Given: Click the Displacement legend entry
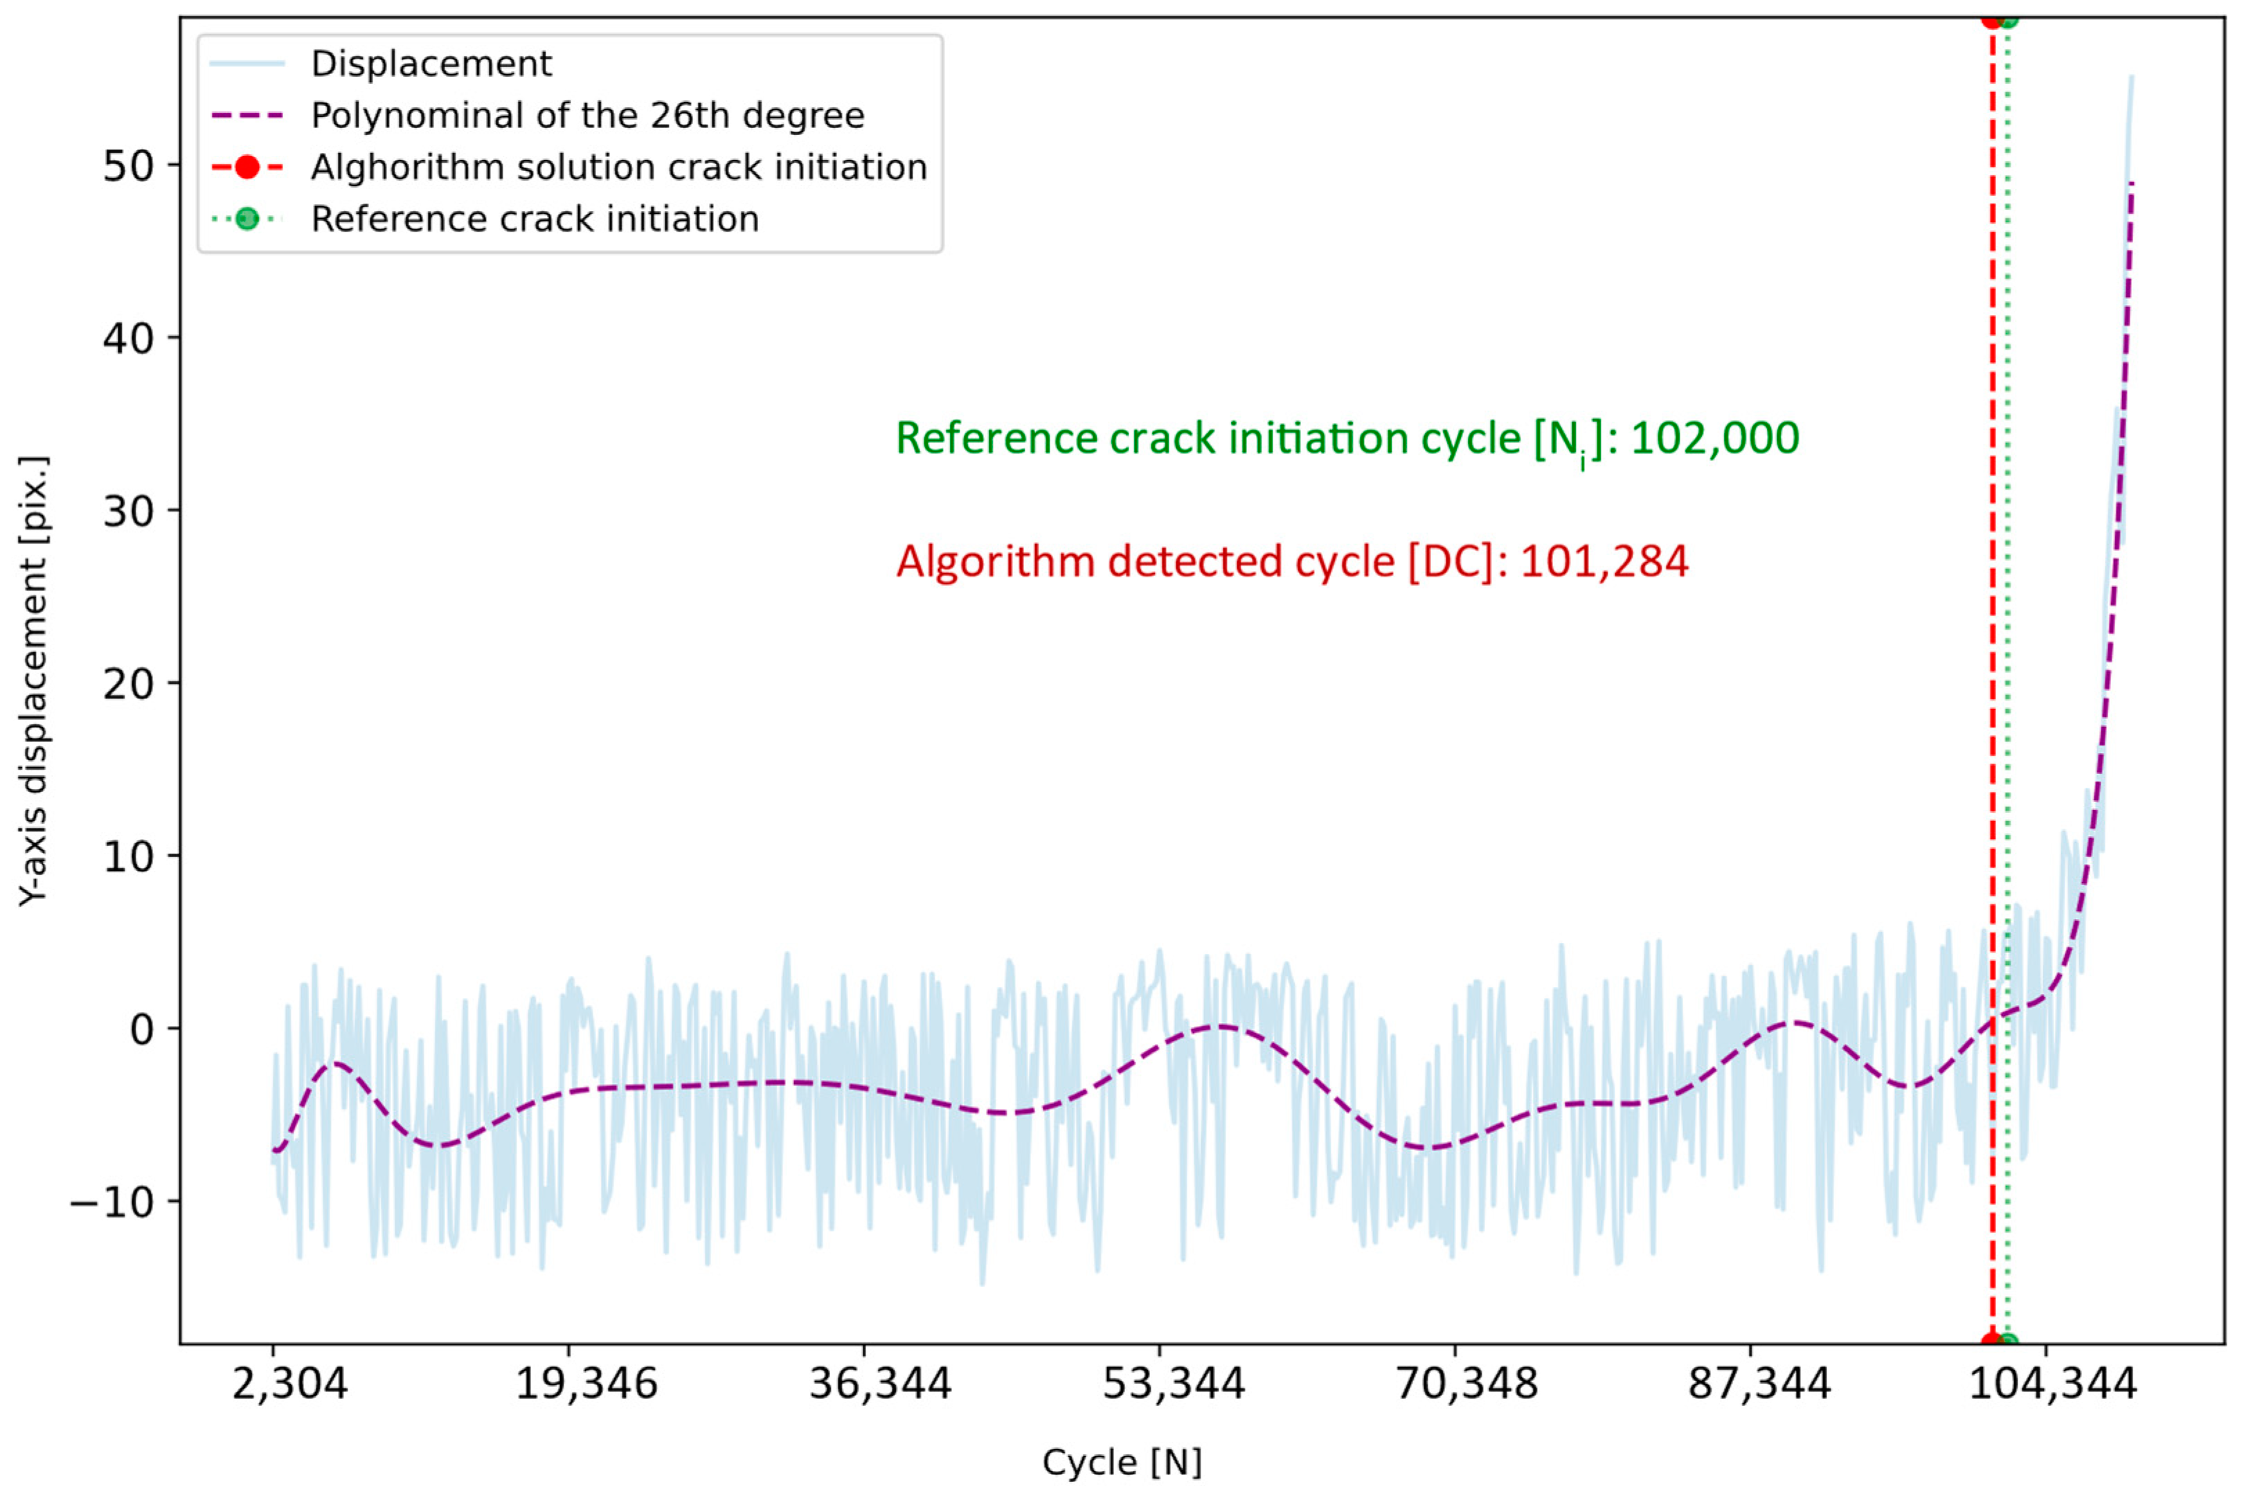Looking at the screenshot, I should click(x=431, y=64).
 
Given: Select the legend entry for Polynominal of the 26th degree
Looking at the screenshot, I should click(x=587, y=116).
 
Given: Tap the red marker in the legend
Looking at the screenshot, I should click(x=247, y=168).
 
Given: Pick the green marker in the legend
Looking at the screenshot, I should click(x=247, y=219).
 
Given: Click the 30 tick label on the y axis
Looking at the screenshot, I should click(x=128, y=512).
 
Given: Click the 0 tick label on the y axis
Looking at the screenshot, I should click(x=141, y=1029).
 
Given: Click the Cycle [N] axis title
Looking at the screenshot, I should click(x=1122, y=1462).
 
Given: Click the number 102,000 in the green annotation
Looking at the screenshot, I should click(x=1714, y=438).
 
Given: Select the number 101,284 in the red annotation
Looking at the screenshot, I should click(x=1604, y=562).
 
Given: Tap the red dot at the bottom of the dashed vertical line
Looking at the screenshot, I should click(x=1992, y=1343).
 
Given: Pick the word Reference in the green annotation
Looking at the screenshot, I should click(x=996, y=438).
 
